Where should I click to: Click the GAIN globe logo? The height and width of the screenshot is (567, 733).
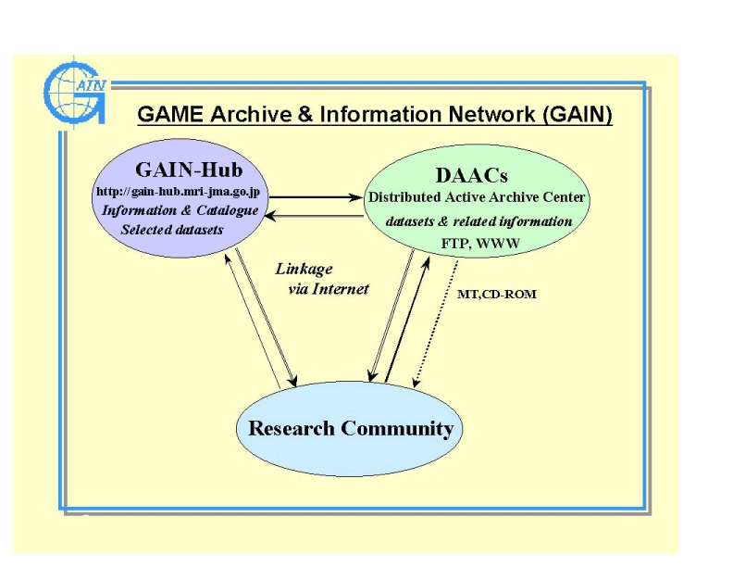pyautogui.click(x=76, y=90)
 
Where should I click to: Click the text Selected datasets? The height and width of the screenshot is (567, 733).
pyautogui.click(x=172, y=229)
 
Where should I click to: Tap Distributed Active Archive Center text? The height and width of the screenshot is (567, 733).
pyautogui.click(x=477, y=197)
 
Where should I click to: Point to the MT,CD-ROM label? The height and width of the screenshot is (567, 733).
pyautogui.click(x=497, y=295)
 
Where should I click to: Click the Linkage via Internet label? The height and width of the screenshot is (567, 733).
pyautogui.click(x=321, y=279)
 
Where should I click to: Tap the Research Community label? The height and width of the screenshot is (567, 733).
pyautogui.click(x=351, y=429)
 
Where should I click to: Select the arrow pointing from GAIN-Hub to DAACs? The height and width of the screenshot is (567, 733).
pyautogui.click(x=315, y=197)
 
